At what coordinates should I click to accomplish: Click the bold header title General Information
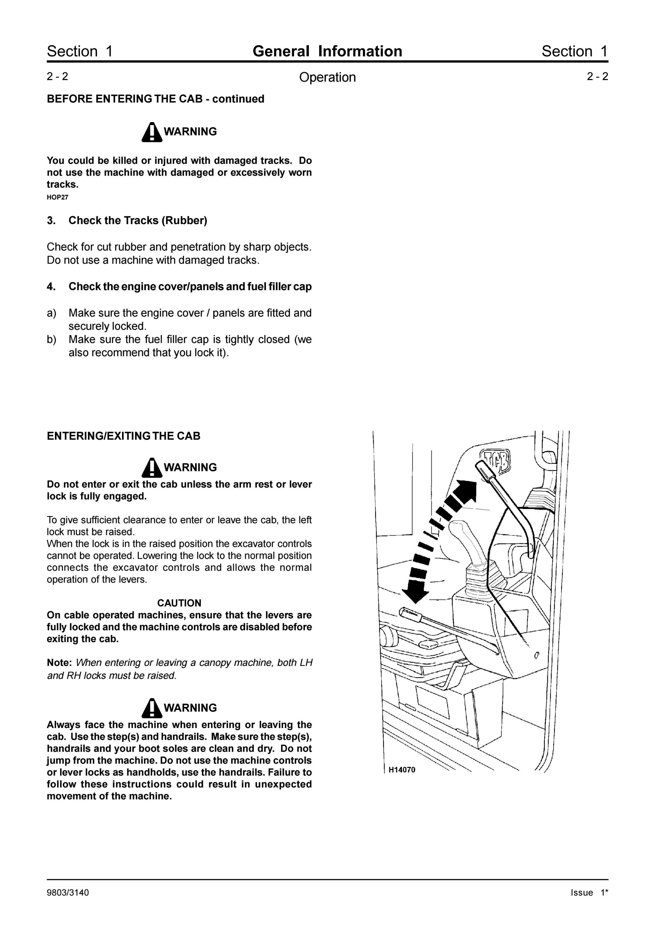click(327, 51)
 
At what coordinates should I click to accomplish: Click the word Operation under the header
click(327, 77)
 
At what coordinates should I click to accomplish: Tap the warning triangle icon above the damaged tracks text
click(152, 132)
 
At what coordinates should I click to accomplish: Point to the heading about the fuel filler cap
click(190, 287)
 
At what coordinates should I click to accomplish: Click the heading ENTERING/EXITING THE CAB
click(124, 436)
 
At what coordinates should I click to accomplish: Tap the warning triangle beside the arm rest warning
click(152, 468)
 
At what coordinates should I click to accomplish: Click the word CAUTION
click(179, 603)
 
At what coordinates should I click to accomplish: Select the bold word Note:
click(59, 662)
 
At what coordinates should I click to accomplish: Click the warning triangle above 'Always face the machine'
click(152, 708)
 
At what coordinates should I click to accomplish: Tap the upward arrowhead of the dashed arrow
click(466, 491)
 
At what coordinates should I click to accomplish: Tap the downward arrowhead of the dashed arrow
click(416, 593)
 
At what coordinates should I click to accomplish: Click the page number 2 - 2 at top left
click(57, 76)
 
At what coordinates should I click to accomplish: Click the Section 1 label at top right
click(575, 51)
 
